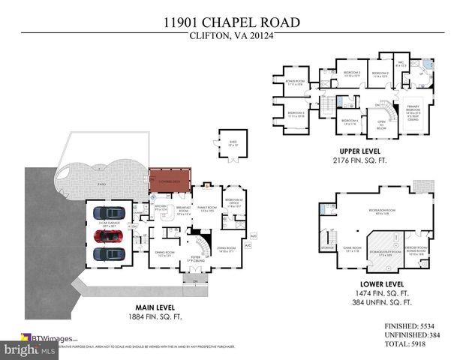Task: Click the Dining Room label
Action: [164, 252]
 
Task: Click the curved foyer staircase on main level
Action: [200, 247]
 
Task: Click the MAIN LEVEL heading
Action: [155, 306]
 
